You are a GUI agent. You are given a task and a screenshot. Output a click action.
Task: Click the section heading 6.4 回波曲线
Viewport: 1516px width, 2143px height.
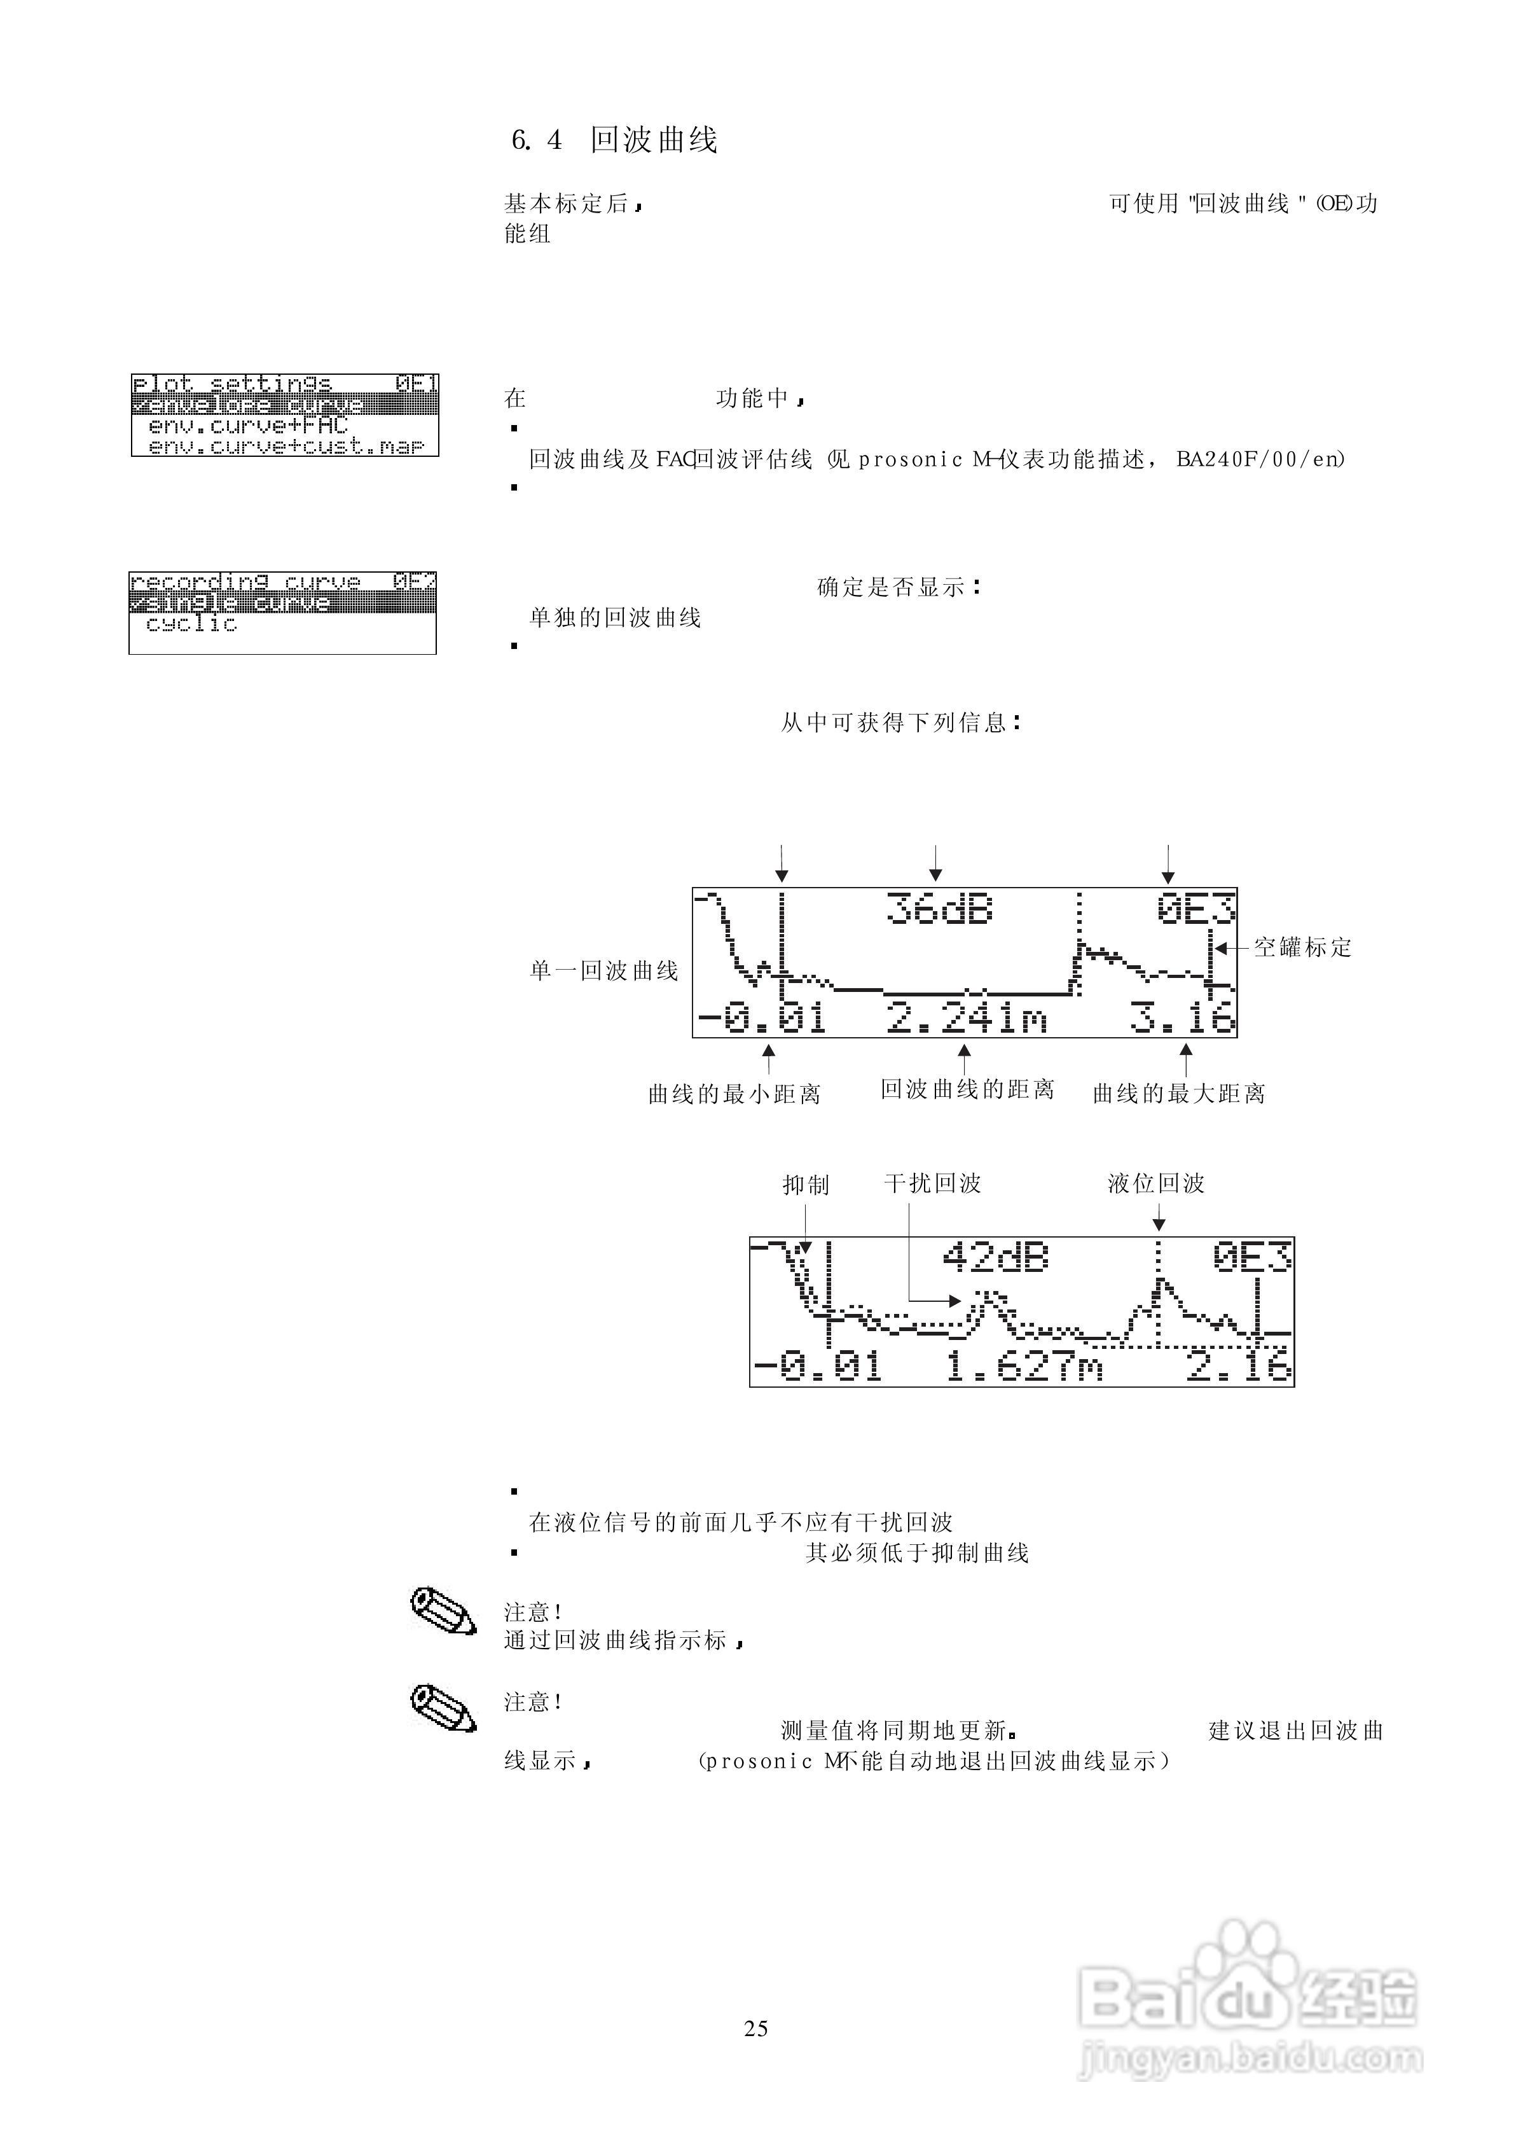tap(614, 140)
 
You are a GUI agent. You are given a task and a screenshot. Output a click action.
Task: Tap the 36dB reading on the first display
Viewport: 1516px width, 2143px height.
tap(939, 909)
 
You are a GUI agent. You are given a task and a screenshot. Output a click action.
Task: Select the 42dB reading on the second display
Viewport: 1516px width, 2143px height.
tap(995, 1258)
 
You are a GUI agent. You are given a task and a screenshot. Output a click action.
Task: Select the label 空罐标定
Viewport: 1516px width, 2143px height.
tap(1302, 948)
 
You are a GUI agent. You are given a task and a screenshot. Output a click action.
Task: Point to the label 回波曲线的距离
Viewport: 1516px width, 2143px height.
tap(967, 1090)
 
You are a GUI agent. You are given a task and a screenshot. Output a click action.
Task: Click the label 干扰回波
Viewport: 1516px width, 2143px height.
tap(933, 1184)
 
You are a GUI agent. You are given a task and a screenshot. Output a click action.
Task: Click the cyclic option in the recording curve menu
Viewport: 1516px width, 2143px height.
tap(191, 624)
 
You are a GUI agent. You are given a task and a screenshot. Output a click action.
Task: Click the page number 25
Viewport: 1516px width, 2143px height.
tap(756, 2028)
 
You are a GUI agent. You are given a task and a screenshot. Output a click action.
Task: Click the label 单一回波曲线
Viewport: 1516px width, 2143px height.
tap(604, 971)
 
